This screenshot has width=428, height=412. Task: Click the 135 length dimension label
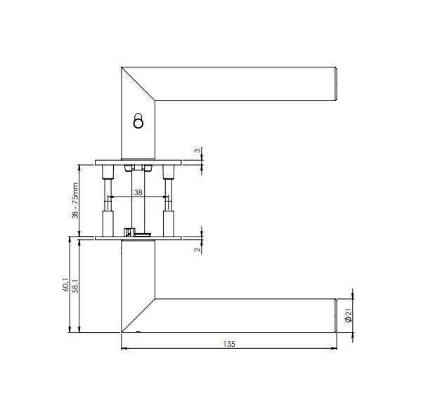pos(229,344)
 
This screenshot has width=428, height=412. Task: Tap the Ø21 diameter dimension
pos(349,316)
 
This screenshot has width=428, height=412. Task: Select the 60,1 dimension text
pos(65,285)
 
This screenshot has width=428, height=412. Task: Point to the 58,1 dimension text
pos(76,286)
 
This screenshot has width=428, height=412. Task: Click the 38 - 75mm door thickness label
pos(74,201)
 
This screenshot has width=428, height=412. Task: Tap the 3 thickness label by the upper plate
pos(197,150)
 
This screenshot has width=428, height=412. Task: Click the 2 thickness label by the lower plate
pos(197,248)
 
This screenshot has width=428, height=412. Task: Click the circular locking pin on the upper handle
pos(138,121)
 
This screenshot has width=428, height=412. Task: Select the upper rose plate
pos(138,163)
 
